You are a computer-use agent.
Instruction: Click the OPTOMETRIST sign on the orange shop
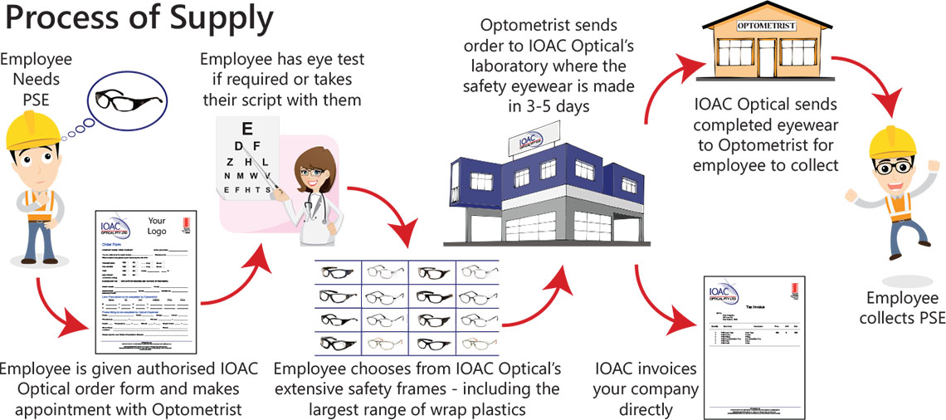click(768, 26)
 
